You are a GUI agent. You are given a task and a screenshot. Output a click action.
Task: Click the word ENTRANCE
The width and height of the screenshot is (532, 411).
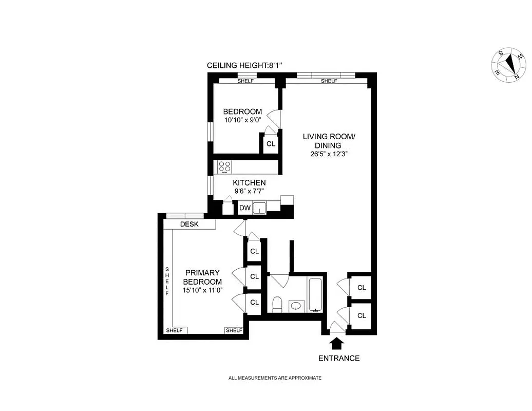coord(339,358)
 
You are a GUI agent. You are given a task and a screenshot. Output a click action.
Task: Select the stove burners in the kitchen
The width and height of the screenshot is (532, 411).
coord(224,166)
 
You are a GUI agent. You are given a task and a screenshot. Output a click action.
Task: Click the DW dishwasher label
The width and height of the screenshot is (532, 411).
coord(244,208)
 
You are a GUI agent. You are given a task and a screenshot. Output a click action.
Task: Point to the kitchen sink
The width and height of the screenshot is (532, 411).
coord(260,208)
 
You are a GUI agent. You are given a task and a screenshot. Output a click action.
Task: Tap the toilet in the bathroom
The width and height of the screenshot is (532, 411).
coord(277,304)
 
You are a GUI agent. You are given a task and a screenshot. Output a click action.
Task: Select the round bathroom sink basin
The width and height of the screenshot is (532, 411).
coord(296,306)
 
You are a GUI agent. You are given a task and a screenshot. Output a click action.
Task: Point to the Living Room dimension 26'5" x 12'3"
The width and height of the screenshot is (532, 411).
coord(329,154)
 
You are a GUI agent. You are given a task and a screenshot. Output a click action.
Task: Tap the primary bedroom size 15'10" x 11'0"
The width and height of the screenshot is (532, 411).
coord(202,290)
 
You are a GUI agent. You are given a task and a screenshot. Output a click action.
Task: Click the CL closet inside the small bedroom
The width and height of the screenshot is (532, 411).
coord(271,144)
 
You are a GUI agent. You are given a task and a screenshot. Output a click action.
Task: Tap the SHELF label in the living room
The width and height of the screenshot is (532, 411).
coord(329,81)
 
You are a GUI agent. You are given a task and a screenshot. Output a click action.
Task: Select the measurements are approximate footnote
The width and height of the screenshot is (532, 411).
coord(275,378)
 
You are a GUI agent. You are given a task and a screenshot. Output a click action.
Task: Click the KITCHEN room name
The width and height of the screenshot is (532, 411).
coord(249,183)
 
